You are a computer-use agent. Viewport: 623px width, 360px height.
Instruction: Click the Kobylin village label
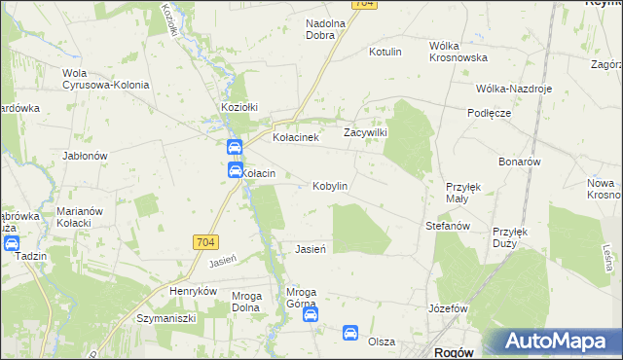click(330, 186)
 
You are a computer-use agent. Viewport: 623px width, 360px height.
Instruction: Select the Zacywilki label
click(366, 132)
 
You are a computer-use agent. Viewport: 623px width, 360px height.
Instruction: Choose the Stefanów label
click(448, 226)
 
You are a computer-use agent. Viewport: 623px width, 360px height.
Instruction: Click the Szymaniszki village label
click(166, 318)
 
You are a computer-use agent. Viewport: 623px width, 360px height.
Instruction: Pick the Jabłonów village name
click(84, 155)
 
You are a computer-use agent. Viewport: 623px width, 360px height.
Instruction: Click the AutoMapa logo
click(556, 342)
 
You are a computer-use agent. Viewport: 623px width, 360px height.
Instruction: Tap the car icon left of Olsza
click(350, 334)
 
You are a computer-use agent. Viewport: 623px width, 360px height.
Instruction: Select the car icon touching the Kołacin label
click(235, 170)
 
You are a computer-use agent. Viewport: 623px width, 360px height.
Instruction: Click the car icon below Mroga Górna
click(309, 313)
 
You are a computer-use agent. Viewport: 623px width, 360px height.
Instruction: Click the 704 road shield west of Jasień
click(205, 241)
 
